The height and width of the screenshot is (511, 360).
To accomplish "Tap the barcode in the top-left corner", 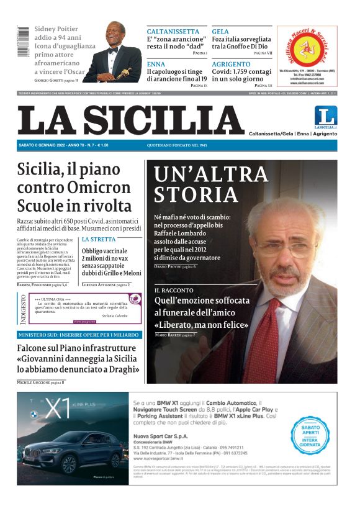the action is pos(23,42).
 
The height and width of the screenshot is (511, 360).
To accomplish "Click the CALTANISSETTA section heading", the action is pos(173,32).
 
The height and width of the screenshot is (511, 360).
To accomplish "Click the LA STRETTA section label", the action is pos(98,239).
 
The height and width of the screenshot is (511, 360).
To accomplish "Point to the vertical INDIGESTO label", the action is pos(23,309).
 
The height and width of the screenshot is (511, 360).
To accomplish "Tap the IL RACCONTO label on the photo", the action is pos(174,290).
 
